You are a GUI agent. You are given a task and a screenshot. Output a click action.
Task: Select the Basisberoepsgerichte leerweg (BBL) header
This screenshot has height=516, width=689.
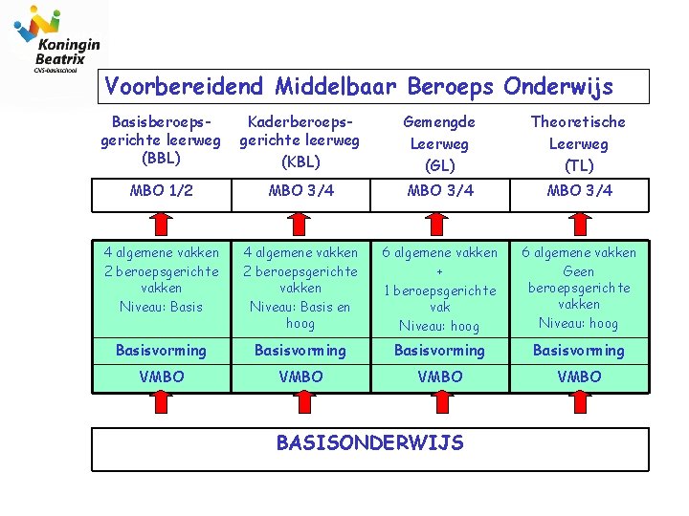click(x=161, y=140)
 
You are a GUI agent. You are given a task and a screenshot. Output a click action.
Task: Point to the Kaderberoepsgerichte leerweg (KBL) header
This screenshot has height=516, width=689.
click(x=300, y=140)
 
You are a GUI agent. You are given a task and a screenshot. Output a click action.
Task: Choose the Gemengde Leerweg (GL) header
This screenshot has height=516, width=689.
click(x=439, y=143)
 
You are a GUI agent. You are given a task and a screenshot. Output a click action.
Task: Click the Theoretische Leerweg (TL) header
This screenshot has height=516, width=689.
click(x=578, y=143)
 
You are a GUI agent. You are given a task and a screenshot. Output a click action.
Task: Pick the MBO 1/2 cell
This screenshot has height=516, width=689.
click(x=161, y=190)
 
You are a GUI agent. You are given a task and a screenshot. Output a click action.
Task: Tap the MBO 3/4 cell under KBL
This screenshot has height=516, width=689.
click(x=300, y=190)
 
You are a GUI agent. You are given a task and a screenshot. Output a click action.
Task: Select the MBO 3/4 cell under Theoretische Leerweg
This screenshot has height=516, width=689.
click(x=578, y=190)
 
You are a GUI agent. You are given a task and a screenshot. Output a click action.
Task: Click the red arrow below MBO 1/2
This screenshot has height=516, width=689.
click(x=161, y=223)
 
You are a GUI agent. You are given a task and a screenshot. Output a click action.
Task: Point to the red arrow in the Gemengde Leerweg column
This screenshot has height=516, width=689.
click(x=439, y=223)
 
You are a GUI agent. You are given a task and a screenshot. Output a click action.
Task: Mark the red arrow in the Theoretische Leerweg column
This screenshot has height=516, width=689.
click(x=578, y=223)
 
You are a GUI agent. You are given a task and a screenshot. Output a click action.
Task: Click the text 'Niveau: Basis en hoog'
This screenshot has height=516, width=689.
click(x=300, y=315)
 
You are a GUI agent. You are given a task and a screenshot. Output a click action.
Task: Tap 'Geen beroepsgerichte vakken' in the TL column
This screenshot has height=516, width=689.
click(x=578, y=288)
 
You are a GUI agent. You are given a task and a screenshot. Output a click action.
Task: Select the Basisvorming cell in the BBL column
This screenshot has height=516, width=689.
click(x=161, y=351)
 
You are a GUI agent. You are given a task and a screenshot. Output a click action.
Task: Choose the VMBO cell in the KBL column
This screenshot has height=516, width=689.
click(x=300, y=376)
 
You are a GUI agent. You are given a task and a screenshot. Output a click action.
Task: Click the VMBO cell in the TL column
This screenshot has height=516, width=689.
click(x=578, y=376)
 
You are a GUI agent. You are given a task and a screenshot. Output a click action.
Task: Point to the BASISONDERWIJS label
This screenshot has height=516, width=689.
click(x=369, y=442)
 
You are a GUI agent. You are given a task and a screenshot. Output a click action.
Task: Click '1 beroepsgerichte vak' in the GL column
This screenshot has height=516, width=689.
click(x=439, y=298)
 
